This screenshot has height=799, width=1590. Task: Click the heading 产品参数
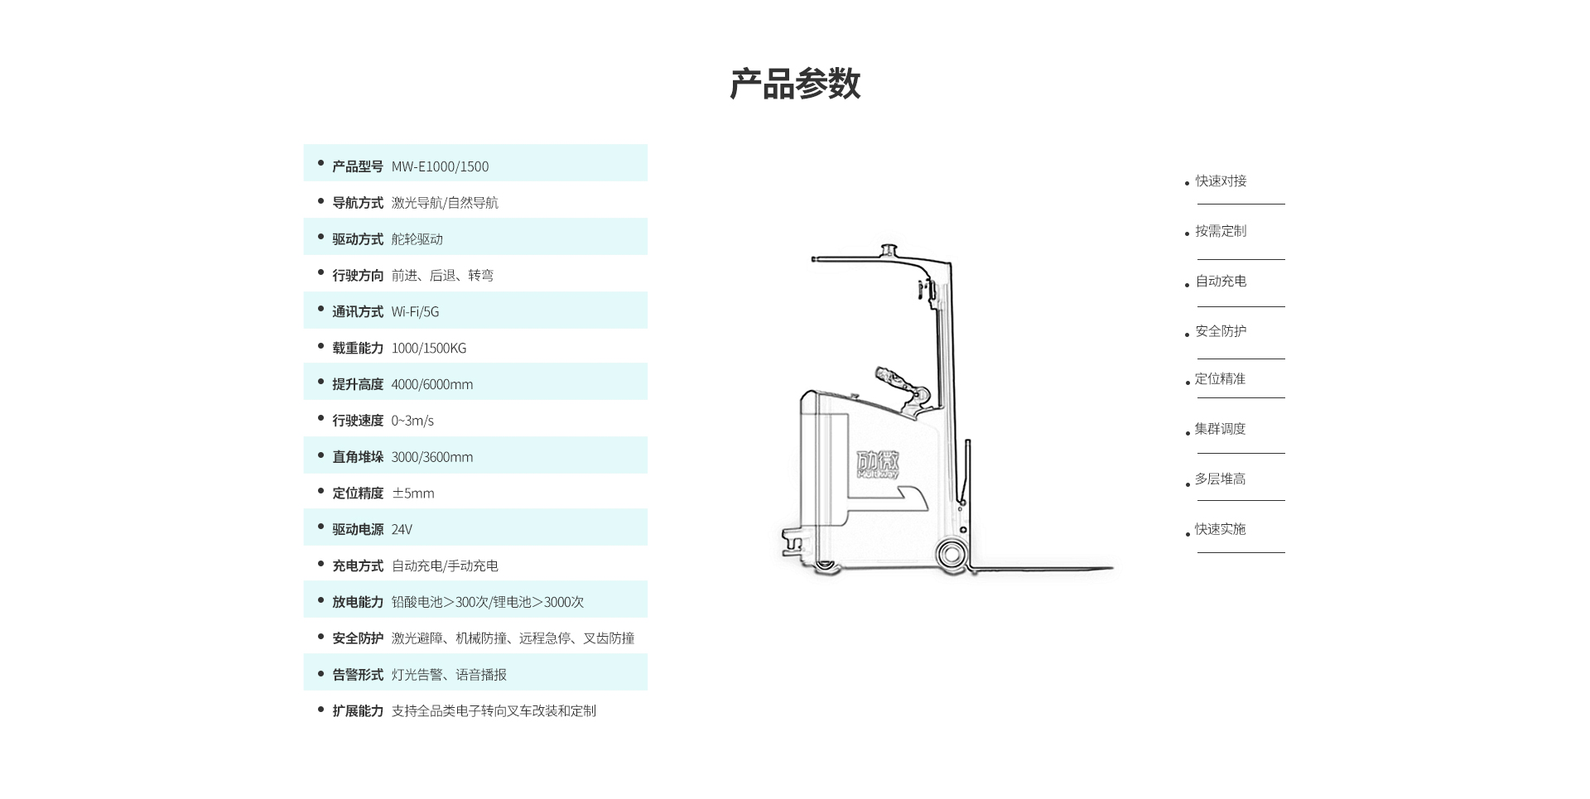click(794, 84)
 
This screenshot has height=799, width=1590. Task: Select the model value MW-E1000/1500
click(440, 166)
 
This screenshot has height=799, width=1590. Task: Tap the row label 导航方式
click(357, 203)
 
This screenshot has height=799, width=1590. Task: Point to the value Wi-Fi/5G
click(415, 312)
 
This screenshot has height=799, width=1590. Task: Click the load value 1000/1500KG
click(428, 349)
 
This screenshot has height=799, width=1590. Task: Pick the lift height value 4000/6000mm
click(431, 384)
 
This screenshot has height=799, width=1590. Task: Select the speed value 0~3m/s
click(412, 421)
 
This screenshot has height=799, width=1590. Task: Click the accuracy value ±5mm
click(412, 493)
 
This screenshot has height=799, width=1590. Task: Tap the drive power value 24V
click(402, 530)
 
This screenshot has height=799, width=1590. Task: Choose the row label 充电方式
click(357, 566)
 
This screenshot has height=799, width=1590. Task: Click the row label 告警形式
click(357, 675)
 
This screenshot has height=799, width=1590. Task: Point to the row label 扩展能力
click(357, 711)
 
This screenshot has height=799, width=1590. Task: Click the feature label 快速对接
click(1220, 181)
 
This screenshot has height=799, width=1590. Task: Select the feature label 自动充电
click(1220, 282)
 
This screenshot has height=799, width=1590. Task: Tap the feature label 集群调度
click(1219, 429)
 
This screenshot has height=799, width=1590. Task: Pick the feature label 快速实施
click(1219, 529)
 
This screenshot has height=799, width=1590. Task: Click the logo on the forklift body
click(878, 464)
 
